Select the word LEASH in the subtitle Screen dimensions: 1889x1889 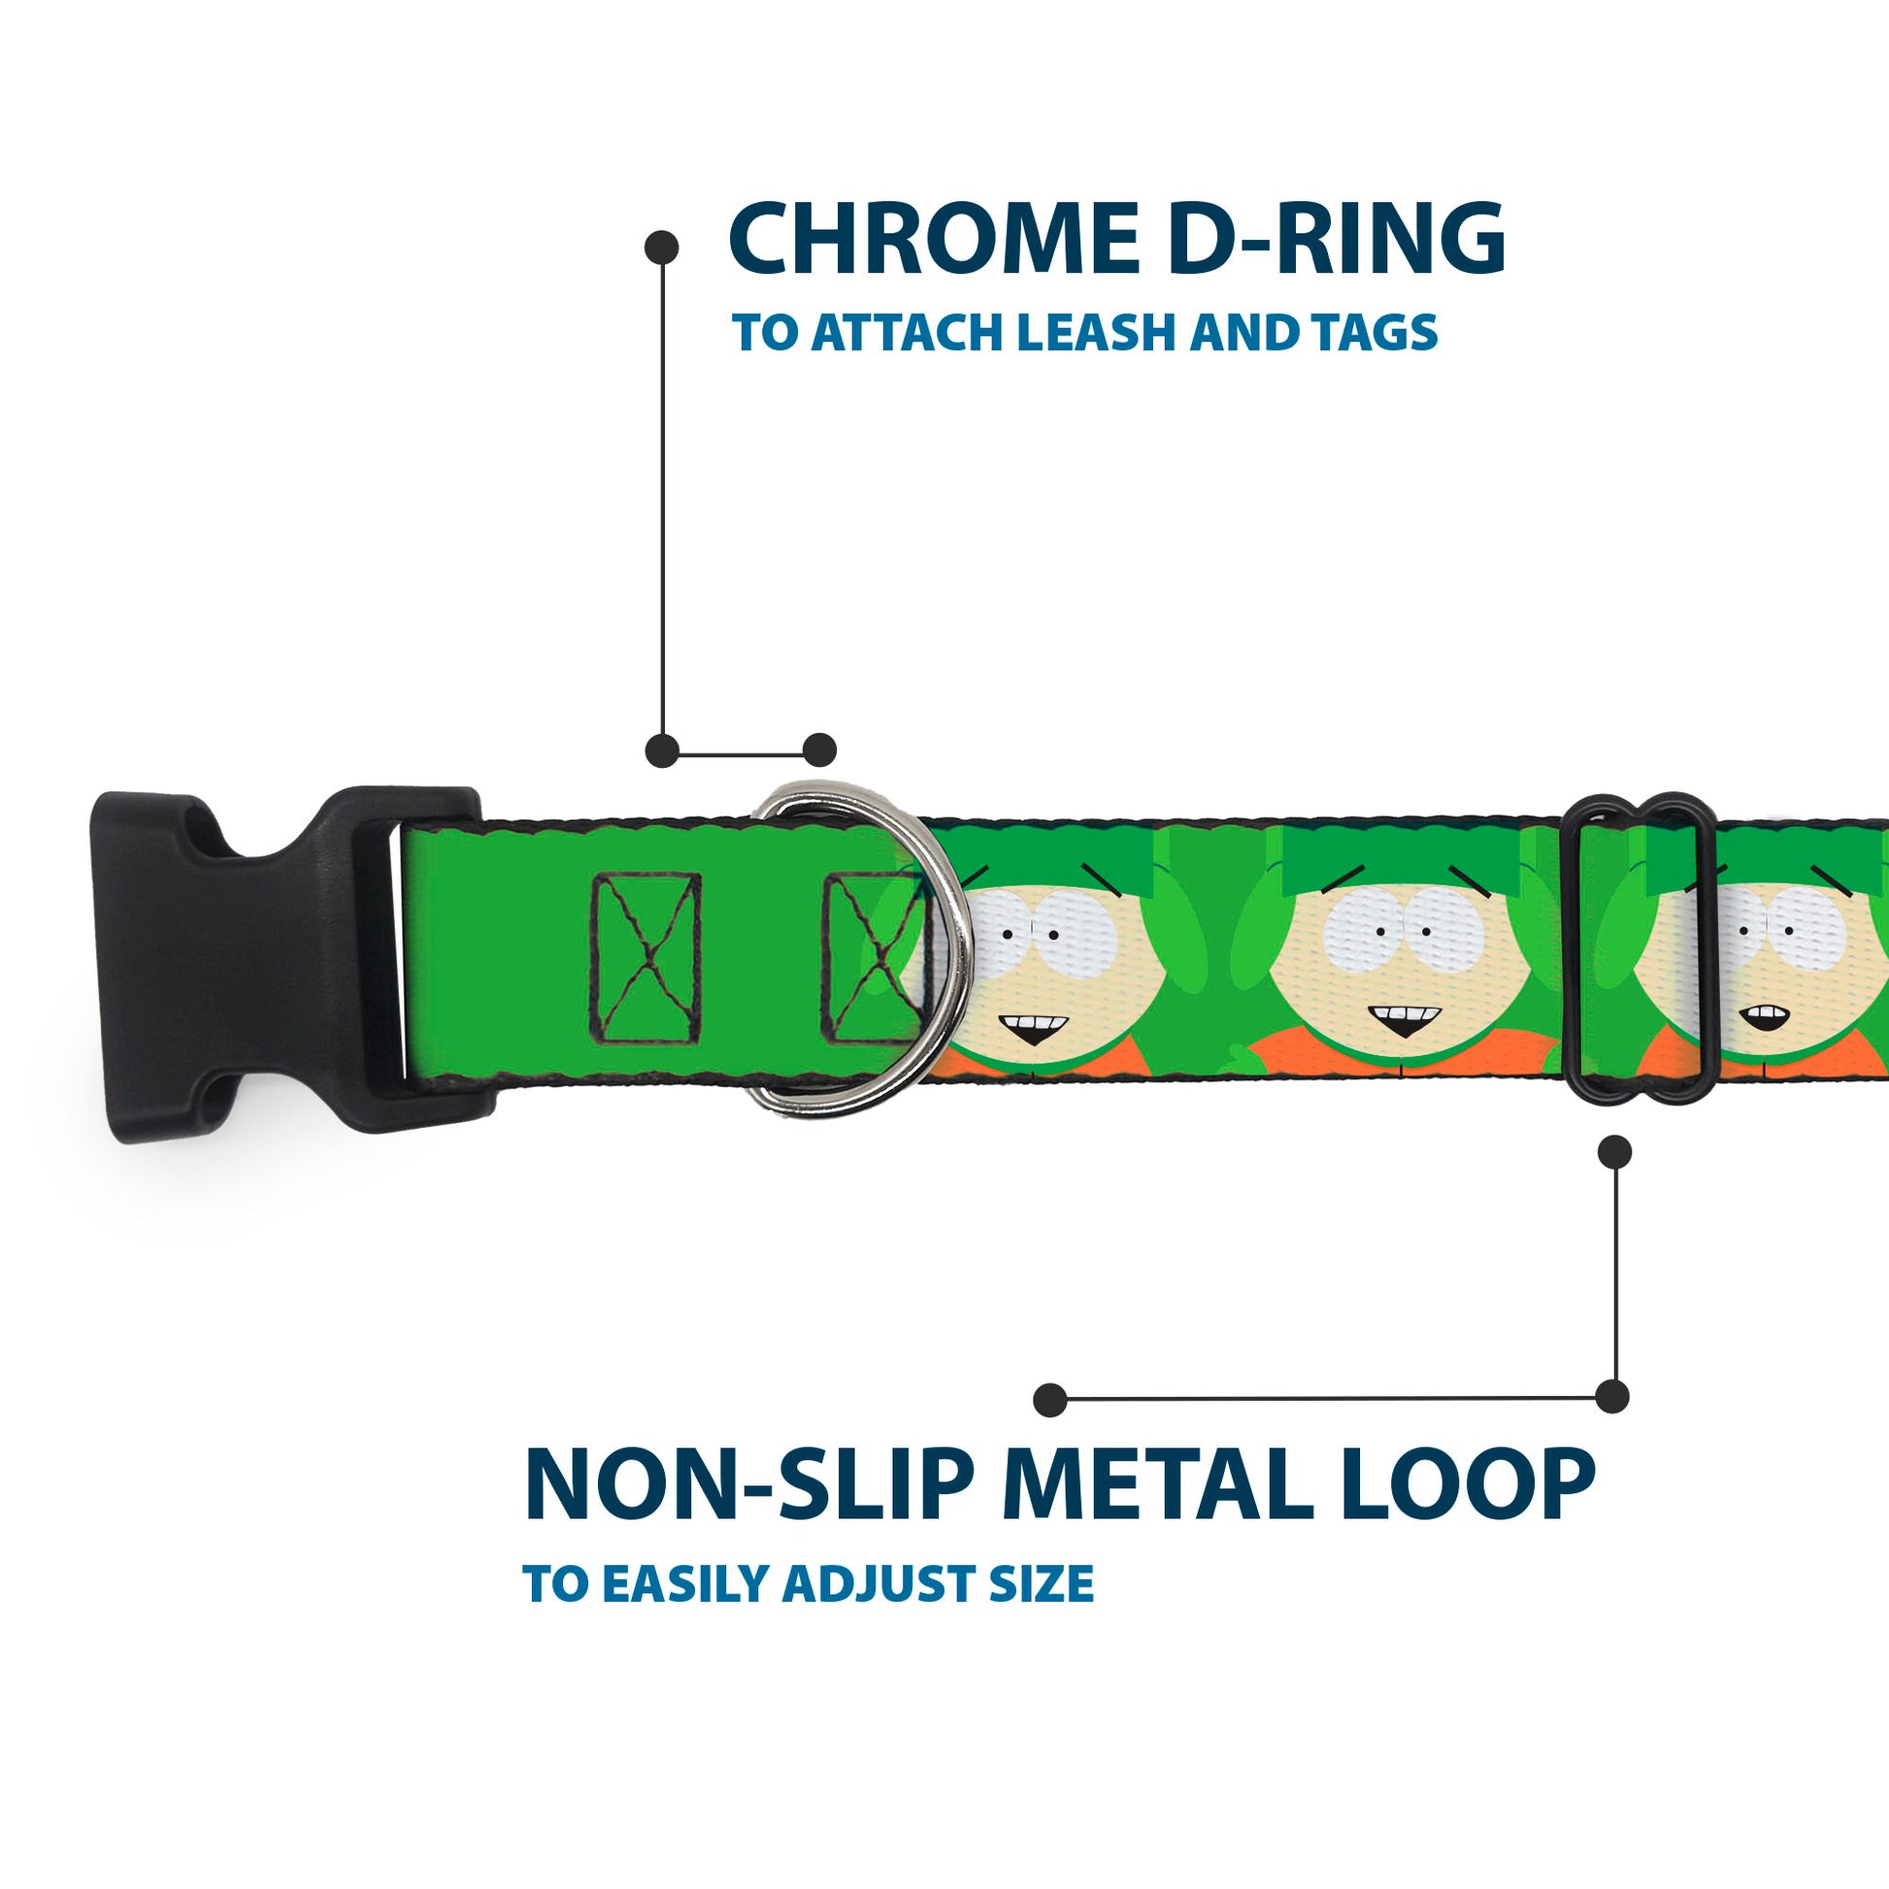pos(1095,333)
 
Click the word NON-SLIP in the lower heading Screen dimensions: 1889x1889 pos(749,1486)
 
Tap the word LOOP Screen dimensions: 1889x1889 pos(1473,1486)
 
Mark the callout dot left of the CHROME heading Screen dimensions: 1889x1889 pos(662,247)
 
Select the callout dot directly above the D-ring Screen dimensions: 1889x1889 pos(819,750)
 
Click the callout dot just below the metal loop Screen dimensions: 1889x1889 pos(1614,1152)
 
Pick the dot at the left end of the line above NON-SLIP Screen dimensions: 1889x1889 pos(1050,1399)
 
